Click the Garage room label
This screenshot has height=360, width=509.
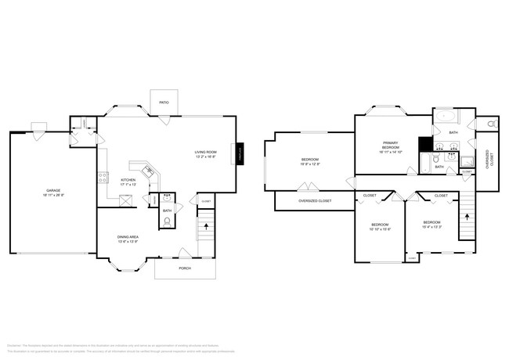[x=52, y=190]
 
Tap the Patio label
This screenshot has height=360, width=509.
[x=164, y=101]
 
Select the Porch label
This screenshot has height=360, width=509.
[x=185, y=268]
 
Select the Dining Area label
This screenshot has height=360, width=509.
[x=128, y=238]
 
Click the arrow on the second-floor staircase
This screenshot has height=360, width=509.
[x=467, y=214]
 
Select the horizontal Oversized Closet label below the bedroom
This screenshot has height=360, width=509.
[x=315, y=201]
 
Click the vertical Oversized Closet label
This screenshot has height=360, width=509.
[x=488, y=160]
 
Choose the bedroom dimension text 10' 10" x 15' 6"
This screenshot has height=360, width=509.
[x=380, y=228]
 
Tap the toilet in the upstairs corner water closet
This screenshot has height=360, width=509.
[x=492, y=124]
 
